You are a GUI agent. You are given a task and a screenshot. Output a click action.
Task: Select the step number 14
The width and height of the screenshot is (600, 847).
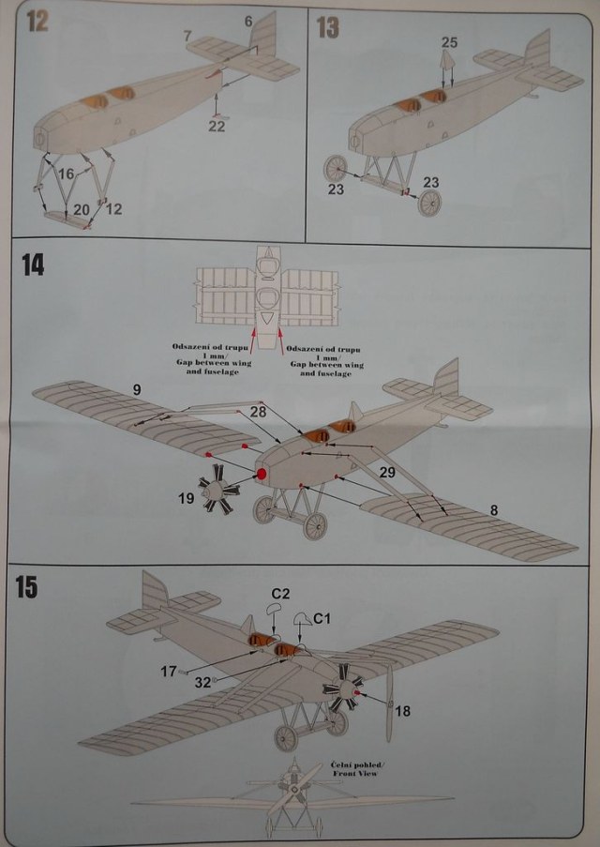pos(33,265)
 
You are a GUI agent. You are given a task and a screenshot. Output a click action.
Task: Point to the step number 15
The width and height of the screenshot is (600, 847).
pos(27,588)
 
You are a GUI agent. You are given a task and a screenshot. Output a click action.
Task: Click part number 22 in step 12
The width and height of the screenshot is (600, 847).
pos(217,127)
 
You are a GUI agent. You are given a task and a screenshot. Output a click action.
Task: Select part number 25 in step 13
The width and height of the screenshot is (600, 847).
pos(449,43)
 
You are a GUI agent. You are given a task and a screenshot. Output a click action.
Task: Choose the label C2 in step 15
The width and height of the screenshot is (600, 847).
pos(278,593)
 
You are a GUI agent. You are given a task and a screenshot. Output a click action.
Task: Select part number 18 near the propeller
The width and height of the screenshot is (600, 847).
pos(402,712)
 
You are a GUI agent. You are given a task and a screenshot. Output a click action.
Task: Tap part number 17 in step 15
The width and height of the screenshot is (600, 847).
pos(168,671)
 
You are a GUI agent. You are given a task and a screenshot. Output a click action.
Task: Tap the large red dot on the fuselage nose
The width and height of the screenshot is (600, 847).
pos(262,476)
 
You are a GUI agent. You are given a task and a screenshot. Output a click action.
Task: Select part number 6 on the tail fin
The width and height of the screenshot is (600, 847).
pos(248,22)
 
